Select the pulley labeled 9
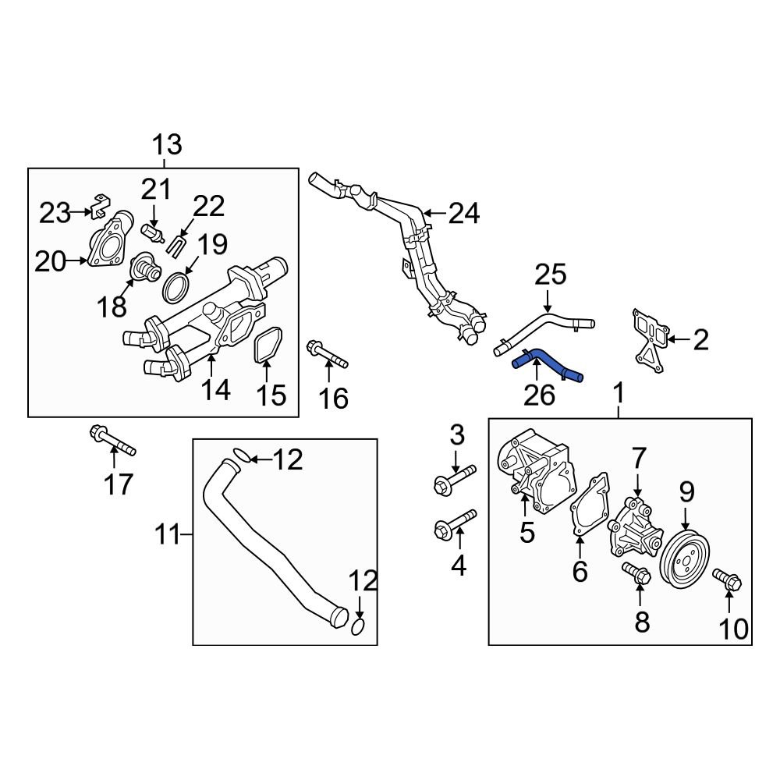(686, 559)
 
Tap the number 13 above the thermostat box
(166, 144)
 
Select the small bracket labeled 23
(98, 206)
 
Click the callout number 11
(165, 536)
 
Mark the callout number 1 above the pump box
(619, 394)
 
